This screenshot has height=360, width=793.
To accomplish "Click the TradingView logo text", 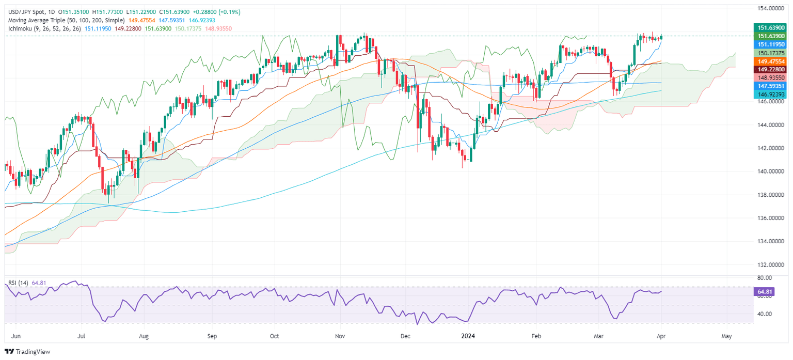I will click(33, 352).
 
